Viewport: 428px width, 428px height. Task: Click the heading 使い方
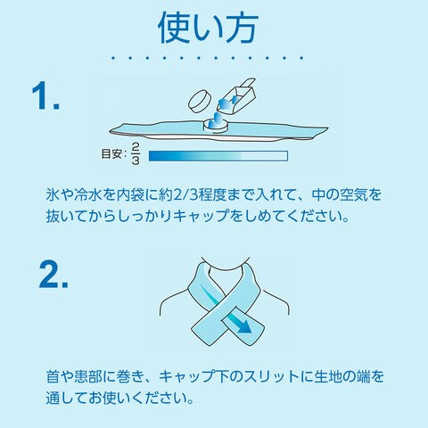click(208, 29)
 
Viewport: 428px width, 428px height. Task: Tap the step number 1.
click(46, 95)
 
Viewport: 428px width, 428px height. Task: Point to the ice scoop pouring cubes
click(238, 96)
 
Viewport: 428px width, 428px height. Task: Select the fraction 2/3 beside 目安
click(136, 153)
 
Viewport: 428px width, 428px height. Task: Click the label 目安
click(111, 154)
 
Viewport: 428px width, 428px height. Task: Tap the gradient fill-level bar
click(218, 156)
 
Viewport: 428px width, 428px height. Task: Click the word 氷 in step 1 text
click(53, 194)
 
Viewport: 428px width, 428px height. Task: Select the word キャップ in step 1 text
click(201, 216)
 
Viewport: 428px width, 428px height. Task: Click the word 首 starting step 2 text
click(53, 376)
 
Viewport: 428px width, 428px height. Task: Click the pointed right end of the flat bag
click(327, 128)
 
